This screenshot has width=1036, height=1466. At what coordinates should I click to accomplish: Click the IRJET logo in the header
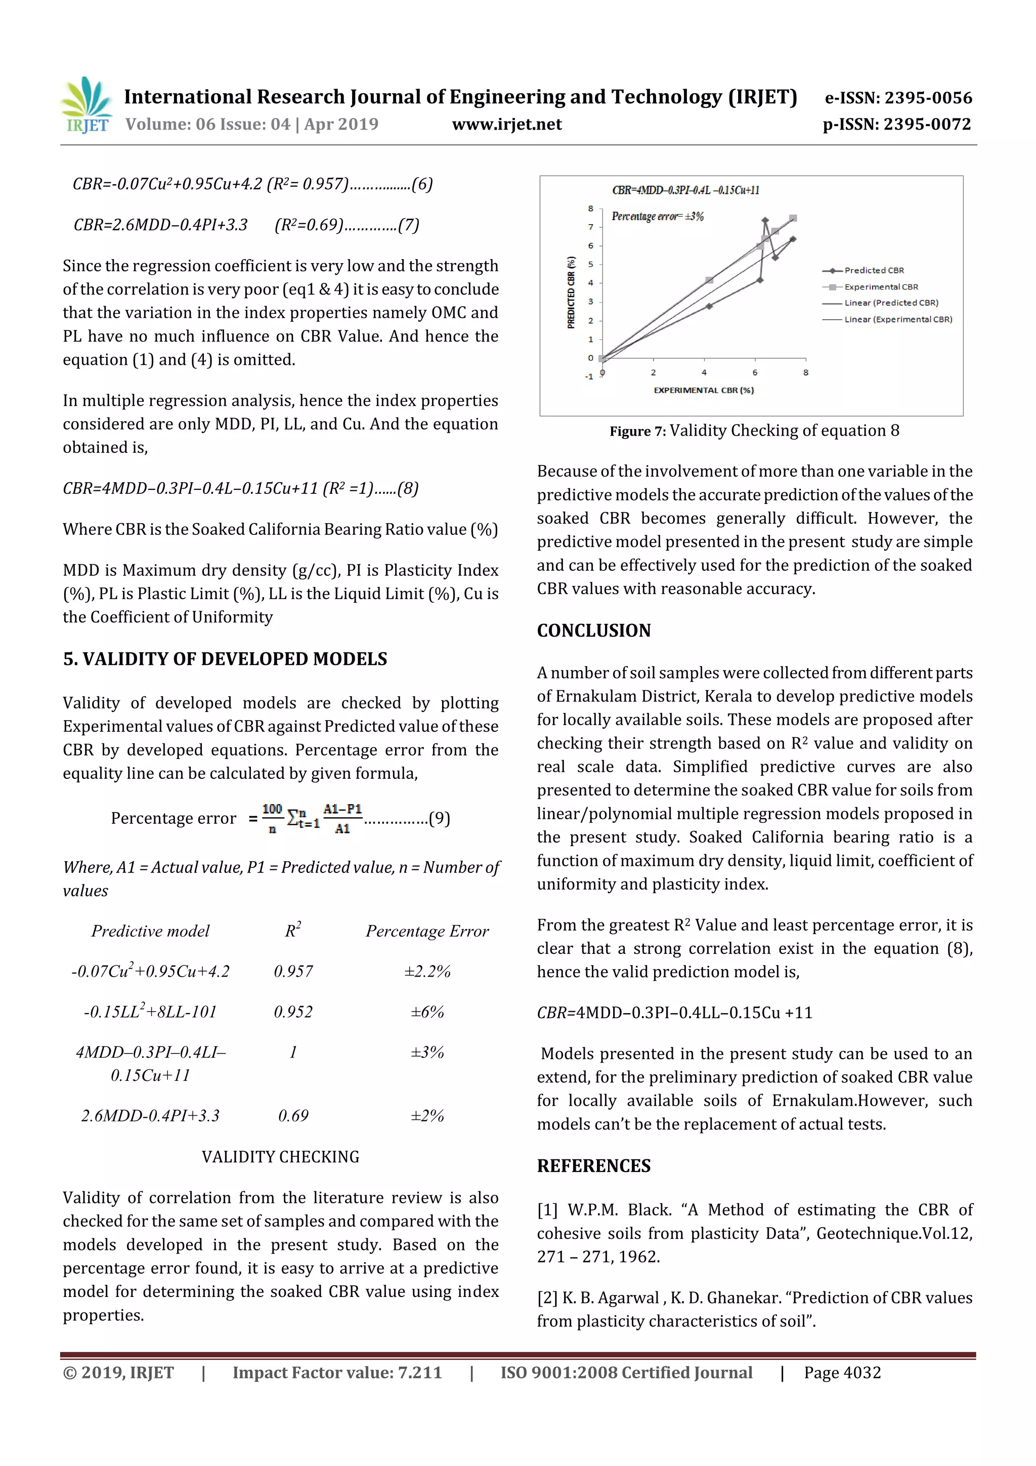87,105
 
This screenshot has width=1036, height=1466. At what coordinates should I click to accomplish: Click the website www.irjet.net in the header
507,124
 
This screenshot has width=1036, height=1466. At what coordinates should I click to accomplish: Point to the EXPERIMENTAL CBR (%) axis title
704,390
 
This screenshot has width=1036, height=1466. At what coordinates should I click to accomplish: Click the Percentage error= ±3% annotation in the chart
658,217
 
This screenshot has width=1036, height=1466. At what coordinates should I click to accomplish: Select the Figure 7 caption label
637,432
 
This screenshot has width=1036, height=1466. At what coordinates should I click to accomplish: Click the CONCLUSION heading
594,631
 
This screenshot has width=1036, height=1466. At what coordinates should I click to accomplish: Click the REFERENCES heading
594,1166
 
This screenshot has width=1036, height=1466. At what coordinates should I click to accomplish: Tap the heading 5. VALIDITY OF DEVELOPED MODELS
225,659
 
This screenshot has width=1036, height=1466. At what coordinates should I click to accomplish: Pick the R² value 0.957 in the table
293,972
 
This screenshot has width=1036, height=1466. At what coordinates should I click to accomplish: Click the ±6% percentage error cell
427,1012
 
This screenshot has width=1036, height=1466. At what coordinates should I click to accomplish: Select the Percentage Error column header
427,932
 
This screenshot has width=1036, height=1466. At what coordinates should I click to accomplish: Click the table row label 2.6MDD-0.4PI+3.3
151,1116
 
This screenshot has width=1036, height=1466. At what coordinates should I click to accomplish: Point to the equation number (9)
439,819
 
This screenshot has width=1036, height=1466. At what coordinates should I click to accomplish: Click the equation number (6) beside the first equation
422,185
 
